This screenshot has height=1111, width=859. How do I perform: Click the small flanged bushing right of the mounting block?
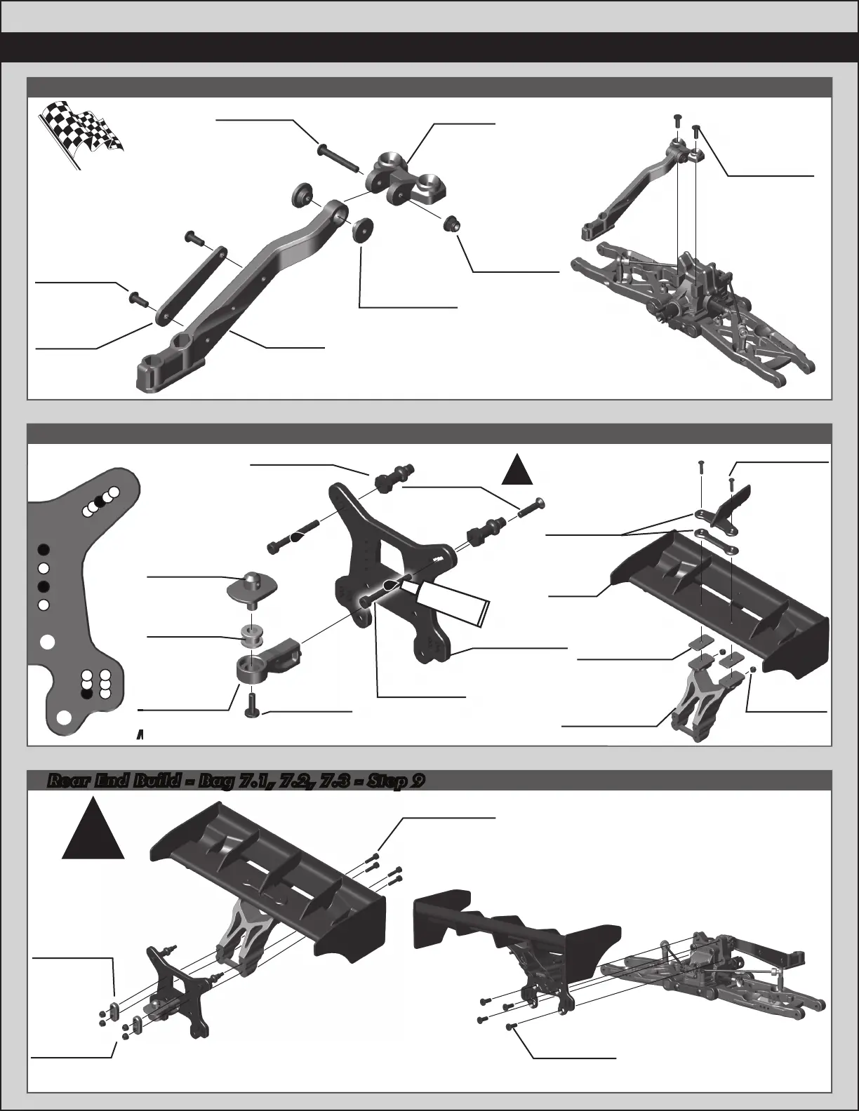point(453,224)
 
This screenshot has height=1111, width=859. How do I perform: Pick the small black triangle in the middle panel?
point(520,469)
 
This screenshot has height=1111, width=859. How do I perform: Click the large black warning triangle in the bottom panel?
point(93,833)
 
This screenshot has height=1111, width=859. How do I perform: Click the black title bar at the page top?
point(429,47)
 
